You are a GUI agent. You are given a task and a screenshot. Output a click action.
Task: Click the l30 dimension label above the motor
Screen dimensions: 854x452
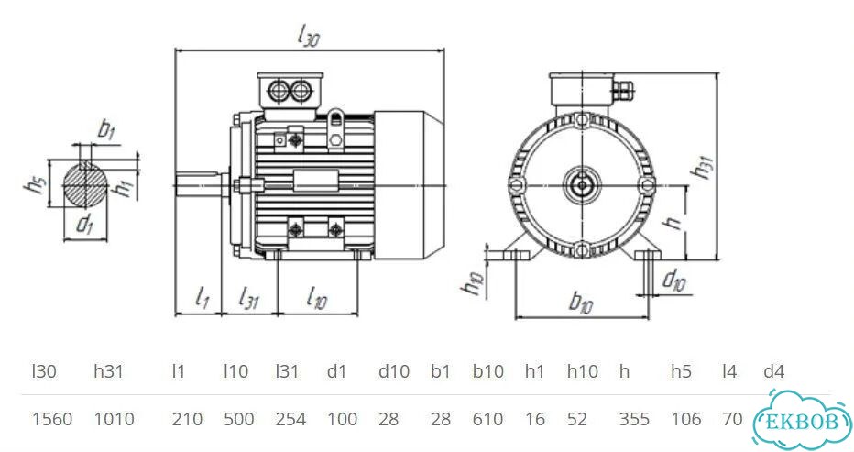pyautogui.click(x=308, y=37)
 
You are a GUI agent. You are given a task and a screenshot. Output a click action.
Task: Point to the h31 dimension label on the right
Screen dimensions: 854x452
pyautogui.click(x=702, y=167)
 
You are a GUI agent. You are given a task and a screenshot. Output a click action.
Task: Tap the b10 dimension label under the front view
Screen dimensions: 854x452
pyautogui.click(x=581, y=302)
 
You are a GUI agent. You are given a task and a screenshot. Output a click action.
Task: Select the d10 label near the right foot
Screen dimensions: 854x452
pyautogui.click(x=674, y=280)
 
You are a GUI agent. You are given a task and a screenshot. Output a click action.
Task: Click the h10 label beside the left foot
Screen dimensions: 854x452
pyautogui.click(x=473, y=283)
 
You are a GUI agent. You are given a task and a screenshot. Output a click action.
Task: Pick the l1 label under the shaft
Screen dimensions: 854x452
pyautogui.click(x=203, y=298)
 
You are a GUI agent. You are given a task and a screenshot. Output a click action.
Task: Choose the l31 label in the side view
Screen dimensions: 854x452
pyautogui.click(x=249, y=299)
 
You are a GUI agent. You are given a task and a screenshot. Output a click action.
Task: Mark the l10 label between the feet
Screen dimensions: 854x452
pyautogui.click(x=316, y=298)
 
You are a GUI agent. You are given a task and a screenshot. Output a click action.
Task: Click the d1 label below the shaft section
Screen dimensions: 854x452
pyautogui.click(x=84, y=223)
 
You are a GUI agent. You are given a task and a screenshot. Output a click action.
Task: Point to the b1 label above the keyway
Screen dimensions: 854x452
pyautogui.click(x=106, y=130)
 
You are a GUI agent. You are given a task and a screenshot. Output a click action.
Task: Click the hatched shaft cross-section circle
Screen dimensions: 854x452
pyautogui.click(x=85, y=185)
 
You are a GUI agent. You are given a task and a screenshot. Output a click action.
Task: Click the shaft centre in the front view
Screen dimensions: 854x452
pyautogui.click(x=582, y=185)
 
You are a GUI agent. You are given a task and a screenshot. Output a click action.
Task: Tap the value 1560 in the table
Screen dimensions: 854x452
pyautogui.click(x=52, y=419)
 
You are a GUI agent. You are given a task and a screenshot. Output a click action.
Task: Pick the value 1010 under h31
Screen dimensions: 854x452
pyautogui.click(x=115, y=419)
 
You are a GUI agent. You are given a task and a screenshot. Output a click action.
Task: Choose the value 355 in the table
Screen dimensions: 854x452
pyautogui.click(x=634, y=419)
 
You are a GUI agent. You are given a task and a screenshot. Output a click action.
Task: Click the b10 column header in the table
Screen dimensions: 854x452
pyautogui.click(x=488, y=371)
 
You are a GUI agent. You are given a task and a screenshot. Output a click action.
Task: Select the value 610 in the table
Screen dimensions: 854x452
pyautogui.click(x=488, y=419)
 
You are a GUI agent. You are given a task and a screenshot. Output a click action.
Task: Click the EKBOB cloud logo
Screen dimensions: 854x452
pyautogui.click(x=803, y=421)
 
